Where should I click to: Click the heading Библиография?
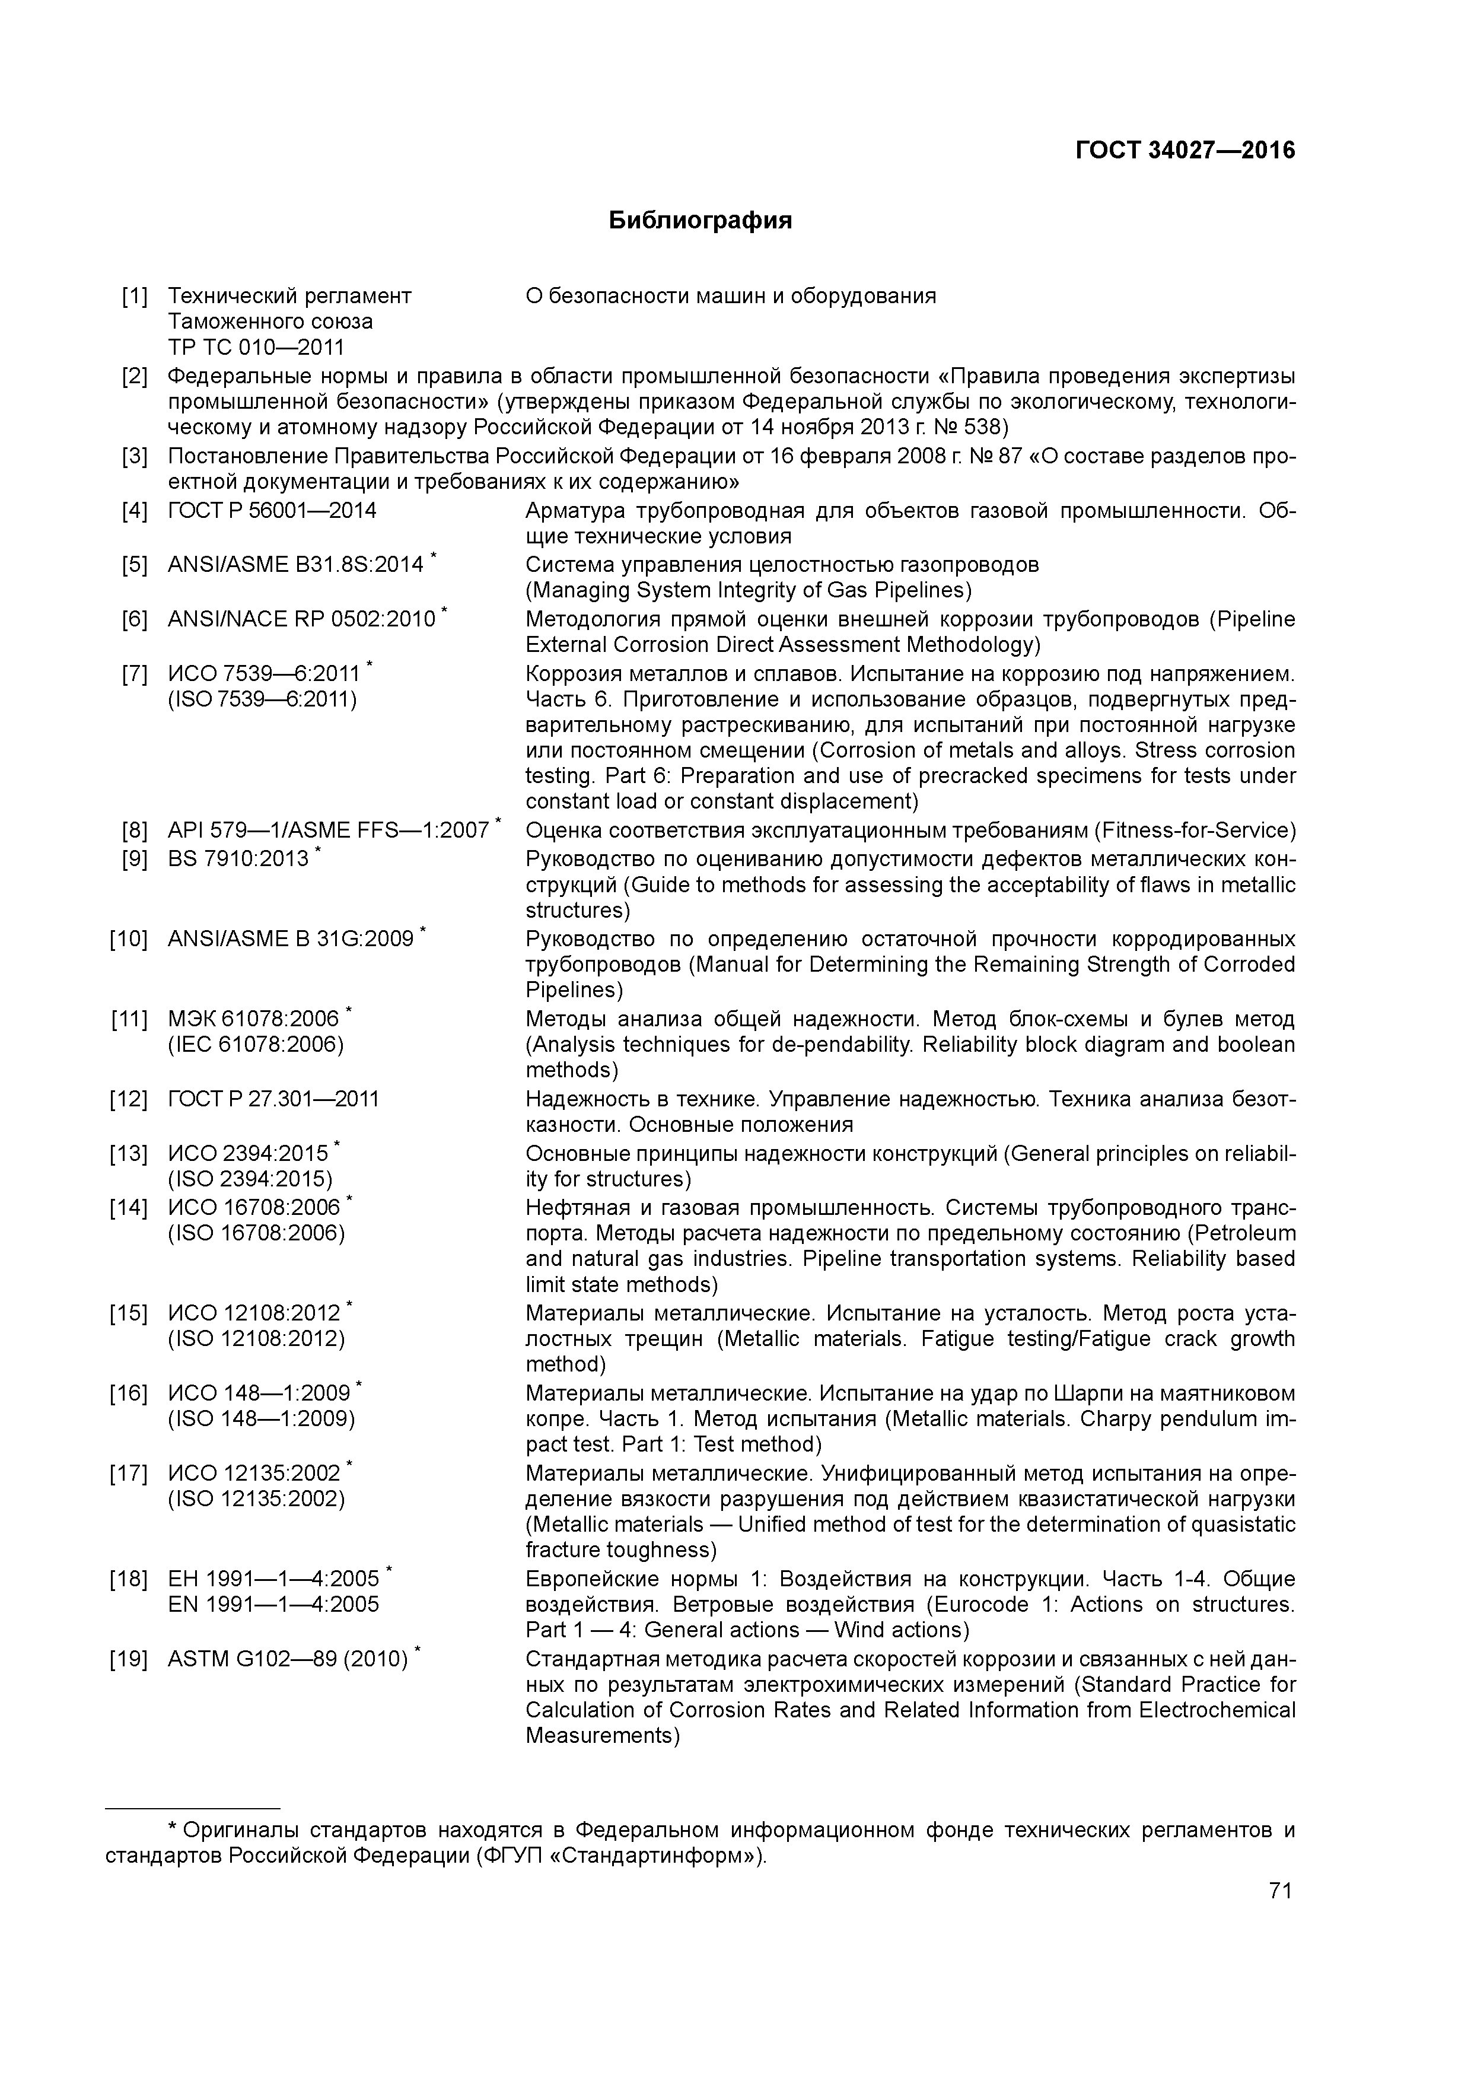point(700,220)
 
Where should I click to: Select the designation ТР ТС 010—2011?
point(256,347)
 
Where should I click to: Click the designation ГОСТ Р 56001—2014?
point(272,511)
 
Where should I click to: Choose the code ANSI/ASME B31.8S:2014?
point(295,565)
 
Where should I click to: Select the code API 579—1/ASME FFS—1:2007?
point(328,831)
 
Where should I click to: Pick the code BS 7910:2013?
point(238,857)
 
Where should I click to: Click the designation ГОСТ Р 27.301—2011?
point(273,1099)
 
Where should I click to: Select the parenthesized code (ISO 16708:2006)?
point(256,1233)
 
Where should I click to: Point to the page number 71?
point(1280,1891)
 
